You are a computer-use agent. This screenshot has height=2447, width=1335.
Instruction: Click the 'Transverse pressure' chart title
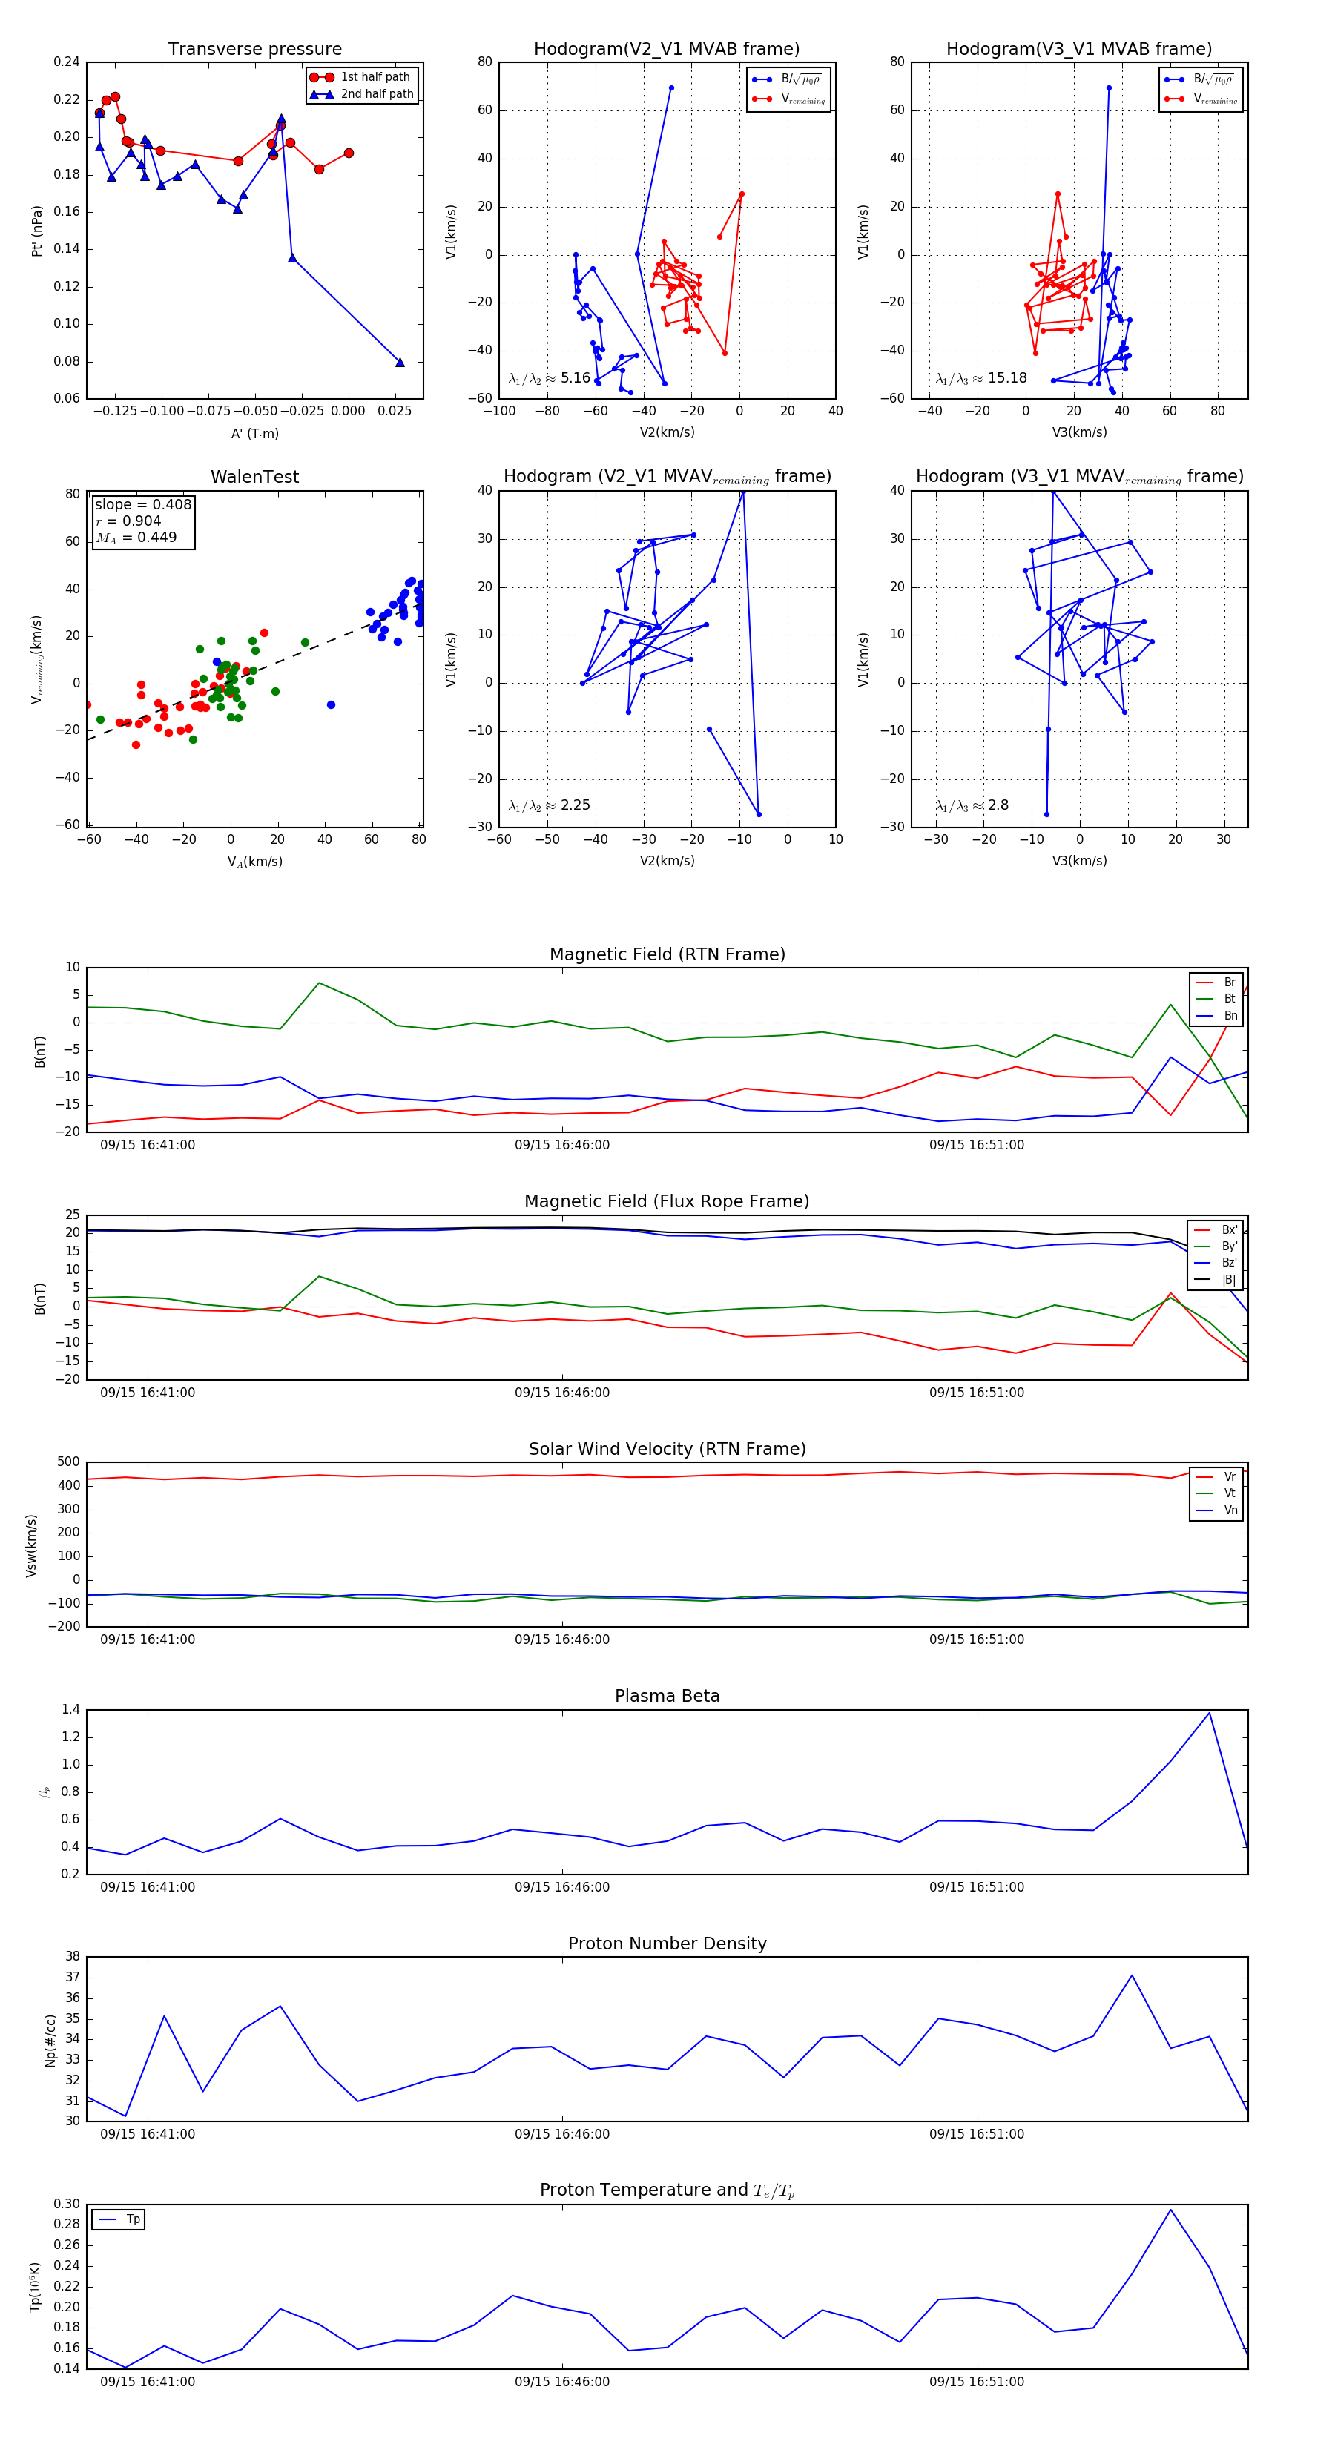[x=254, y=50]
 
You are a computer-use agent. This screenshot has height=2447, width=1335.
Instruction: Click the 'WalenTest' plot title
[x=254, y=477]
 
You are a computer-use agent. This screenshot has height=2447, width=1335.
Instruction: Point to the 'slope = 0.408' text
[x=142, y=504]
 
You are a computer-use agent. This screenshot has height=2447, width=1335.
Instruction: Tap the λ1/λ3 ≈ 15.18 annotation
[x=981, y=378]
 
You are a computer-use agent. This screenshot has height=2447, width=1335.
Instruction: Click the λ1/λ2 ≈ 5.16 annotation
[x=549, y=378]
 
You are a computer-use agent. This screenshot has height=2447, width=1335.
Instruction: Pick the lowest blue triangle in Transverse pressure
[x=399, y=362]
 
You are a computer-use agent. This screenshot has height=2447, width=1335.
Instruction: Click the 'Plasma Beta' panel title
[x=667, y=1696]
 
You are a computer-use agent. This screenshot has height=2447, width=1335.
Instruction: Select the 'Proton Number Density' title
[x=667, y=1944]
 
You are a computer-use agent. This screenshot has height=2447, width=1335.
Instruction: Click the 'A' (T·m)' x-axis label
[x=254, y=433]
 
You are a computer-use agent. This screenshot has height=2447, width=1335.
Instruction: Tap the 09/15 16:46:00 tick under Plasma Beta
[x=561, y=1886]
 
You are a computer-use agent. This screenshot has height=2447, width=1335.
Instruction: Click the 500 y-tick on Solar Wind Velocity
[x=68, y=1462]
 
